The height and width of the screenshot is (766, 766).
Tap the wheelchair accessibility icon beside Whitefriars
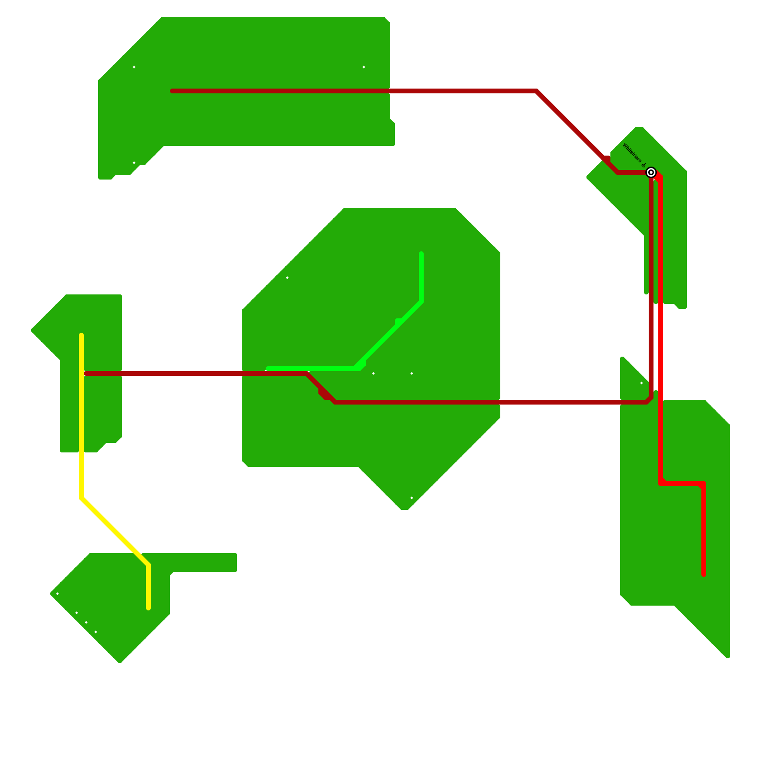pos(643,165)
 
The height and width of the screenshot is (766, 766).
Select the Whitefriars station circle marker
pos(651,172)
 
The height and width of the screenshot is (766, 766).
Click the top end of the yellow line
pos(81,335)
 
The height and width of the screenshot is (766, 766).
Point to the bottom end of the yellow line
pos(148,608)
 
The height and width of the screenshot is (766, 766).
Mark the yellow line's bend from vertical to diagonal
pos(81,498)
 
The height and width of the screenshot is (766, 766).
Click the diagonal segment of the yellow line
pos(115,531)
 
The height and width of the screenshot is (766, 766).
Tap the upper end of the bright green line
pos(421,254)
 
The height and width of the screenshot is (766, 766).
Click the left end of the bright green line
pos(268,369)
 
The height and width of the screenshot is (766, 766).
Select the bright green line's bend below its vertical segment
pos(421,302)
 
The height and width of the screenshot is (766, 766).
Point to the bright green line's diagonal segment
pos(388,335)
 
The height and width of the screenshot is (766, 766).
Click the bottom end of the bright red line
pos(704,574)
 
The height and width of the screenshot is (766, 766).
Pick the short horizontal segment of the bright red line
pos(682,484)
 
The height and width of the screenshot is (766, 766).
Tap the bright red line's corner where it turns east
pos(661,484)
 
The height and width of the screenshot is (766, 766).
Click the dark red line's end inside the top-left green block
pos(172,91)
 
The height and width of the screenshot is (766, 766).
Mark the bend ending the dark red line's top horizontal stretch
pos(537,91)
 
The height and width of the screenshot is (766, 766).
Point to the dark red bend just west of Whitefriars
pos(618,172)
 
